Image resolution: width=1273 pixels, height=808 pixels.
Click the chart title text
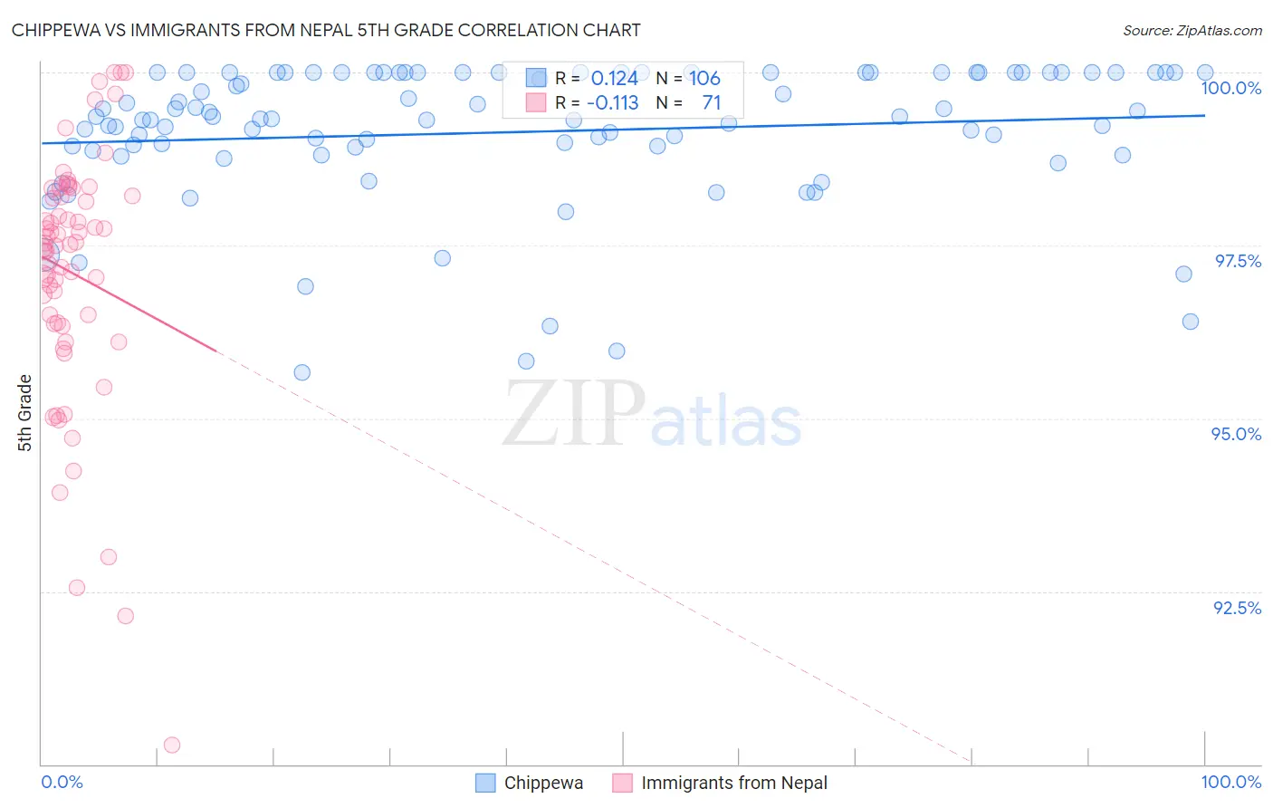(x=326, y=30)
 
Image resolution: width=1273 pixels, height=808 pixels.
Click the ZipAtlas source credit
(x=1192, y=30)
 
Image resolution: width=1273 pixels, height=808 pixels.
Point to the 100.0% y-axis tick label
(x=1230, y=88)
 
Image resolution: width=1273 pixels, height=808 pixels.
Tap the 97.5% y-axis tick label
(x=1237, y=261)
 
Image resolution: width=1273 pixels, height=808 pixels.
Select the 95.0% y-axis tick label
(x=1236, y=434)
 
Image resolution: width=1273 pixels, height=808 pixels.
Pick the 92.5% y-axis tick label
(x=1237, y=608)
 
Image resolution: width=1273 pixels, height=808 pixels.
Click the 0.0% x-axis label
(x=62, y=782)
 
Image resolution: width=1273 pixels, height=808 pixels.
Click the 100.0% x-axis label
(x=1230, y=782)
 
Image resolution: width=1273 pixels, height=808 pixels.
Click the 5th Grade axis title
(x=24, y=412)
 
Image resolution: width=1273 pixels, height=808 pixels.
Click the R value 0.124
(x=614, y=79)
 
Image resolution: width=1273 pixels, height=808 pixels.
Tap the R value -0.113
(x=612, y=103)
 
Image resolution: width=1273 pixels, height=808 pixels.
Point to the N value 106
(x=704, y=79)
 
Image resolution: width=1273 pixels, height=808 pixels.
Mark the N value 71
(x=711, y=103)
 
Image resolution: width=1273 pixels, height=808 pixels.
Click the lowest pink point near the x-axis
(x=172, y=745)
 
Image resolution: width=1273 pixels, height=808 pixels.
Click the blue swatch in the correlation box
(x=536, y=79)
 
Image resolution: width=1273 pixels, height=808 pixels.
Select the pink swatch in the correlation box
(x=536, y=103)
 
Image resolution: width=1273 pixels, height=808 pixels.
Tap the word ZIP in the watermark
(x=573, y=414)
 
